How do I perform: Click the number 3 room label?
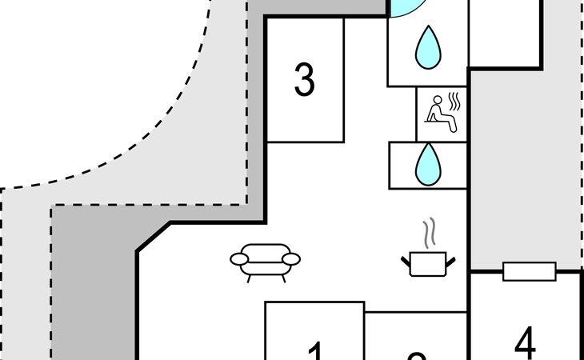coord(304,80)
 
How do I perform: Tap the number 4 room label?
coord(525,344)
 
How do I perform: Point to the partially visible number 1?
coord(315,352)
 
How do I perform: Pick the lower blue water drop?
coord(428,164)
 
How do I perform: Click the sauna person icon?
coord(440,113)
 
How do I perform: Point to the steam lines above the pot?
coord(430,232)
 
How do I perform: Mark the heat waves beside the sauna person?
coord(456,103)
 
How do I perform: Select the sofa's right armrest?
coord(290,258)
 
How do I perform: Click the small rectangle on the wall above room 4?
coord(529,272)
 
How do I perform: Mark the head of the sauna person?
coord(437,101)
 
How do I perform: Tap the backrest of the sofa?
coord(265,249)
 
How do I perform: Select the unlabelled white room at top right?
coord(504,32)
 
